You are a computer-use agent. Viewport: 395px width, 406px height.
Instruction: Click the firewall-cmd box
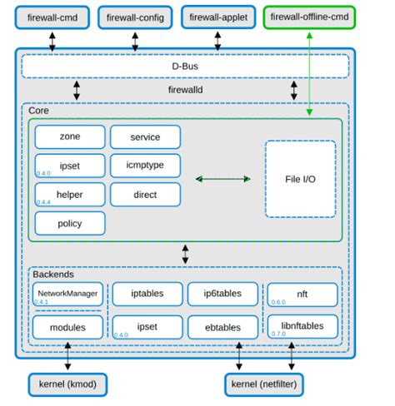[52, 17]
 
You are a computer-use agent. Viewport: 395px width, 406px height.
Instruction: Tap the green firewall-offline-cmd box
[308, 17]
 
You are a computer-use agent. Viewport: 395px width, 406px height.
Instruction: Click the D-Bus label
[184, 65]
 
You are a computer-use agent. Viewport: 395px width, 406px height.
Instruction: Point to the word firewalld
[184, 87]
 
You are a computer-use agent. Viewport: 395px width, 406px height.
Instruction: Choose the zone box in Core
[70, 136]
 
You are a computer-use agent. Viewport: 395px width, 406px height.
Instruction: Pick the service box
[145, 136]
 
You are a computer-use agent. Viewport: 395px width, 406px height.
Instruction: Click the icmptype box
[145, 165]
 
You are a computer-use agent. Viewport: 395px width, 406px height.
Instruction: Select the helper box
[70, 194]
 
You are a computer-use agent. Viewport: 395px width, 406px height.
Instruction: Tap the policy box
[70, 222]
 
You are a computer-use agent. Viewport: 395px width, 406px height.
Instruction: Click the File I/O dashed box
[300, 178]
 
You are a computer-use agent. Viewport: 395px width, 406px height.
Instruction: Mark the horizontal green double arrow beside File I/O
[222, 178]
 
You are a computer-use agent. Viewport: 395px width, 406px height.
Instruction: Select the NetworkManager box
[68, 295]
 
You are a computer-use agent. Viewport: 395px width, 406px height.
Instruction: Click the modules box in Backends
[68, 327]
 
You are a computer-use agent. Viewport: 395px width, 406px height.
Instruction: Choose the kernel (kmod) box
[67, 384]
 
